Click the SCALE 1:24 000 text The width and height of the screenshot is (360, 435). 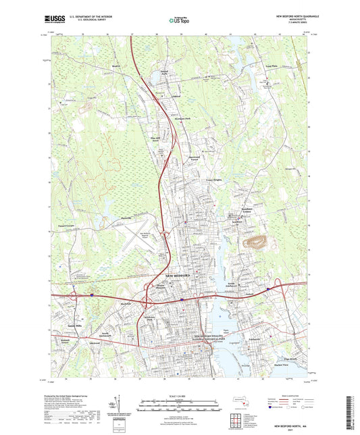[179, 395]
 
